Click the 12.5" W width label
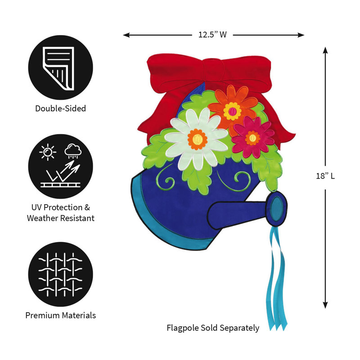coord(212,35)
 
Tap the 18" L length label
coord(325,176)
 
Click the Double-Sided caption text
coord(61,108)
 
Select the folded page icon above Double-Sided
coord(58,68)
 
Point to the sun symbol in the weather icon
coord(48,152)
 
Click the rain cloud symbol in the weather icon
coord(73,151)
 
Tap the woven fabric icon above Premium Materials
coord(61,274)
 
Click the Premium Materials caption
coord(61,315)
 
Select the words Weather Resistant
coord(61,218)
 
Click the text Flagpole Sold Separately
coord(213,328)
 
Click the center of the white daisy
coord(197,139)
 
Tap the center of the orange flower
coord(232,111)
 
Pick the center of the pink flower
coord(252,138)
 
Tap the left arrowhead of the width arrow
coord(126,35)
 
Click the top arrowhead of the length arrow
coord(325,50)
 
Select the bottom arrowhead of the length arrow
coord(325,305)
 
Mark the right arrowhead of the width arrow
coord(301,35)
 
